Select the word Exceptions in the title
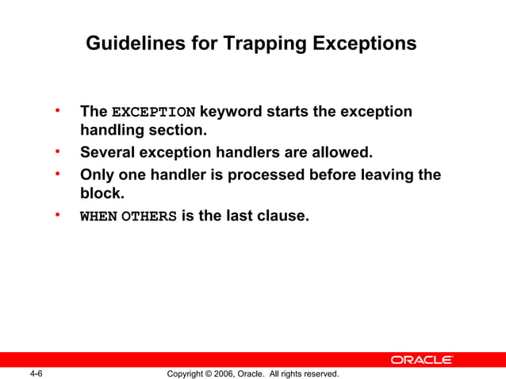point(364,43)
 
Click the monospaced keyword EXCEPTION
point(153,112)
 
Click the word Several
point(109,151)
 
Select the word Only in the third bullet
point(98,174)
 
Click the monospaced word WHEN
point(98,216)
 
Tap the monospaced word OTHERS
point(148,216)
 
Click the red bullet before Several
point(58,150)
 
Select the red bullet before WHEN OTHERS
point(58,213)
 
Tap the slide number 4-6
point(36,373)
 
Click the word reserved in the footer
point(318,373)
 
